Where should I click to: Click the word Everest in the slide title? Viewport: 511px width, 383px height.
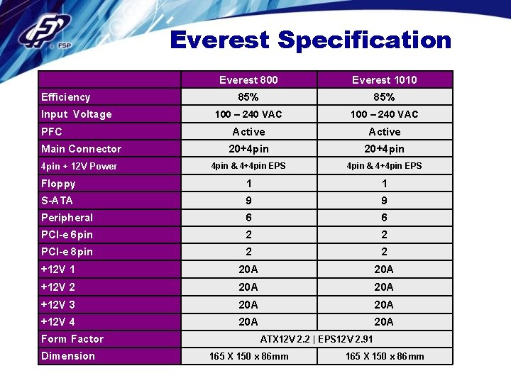pyautogui.click(x=220, y=40)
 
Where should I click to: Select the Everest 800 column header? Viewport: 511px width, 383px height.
pyautogui.click(x=248, y=80)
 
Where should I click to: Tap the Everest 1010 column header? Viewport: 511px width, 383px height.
pyautogui.click(x=384, y=80)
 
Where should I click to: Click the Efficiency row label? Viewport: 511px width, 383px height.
pyautogui.click(x=66, y=97)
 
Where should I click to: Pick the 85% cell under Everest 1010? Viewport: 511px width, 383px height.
pyautogui.click(x=384, y=97)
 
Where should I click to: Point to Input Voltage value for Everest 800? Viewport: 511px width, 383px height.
pyautogui.click(x=248, y=114)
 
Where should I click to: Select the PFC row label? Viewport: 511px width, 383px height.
pyautogui.click(x=52, y=132)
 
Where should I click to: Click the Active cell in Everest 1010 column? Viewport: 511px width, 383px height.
pyautogui.click(x=384, y=132)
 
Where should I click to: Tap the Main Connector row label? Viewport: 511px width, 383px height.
pyautogui.click(x=81, y=149)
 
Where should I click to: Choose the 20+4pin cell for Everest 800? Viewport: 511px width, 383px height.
pyautogui.click(x=248, y=149)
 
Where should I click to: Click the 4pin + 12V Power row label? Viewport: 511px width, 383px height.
pyautogui.click(x=79, y=166)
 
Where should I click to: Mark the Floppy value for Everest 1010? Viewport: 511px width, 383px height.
pyautogui.click(x=384, y=183)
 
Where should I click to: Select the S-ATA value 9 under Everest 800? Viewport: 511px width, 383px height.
pyautogui.click(x=248, y=201)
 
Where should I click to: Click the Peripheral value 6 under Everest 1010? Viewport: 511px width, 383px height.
pyautogui.click(x=384, y=218)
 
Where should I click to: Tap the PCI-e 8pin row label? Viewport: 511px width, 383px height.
pyautogui.click(x=67, y=252)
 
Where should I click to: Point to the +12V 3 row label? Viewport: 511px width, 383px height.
pyautogui.click(x=58, y=304)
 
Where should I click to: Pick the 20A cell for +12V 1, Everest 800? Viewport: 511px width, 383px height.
pyautogui.click(x=248, y=270)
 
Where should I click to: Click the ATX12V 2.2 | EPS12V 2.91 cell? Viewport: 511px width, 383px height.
pyautogui.click(x=317, y=339)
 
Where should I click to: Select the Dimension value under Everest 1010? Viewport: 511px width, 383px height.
pyautogui.click(x=384, y=356)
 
